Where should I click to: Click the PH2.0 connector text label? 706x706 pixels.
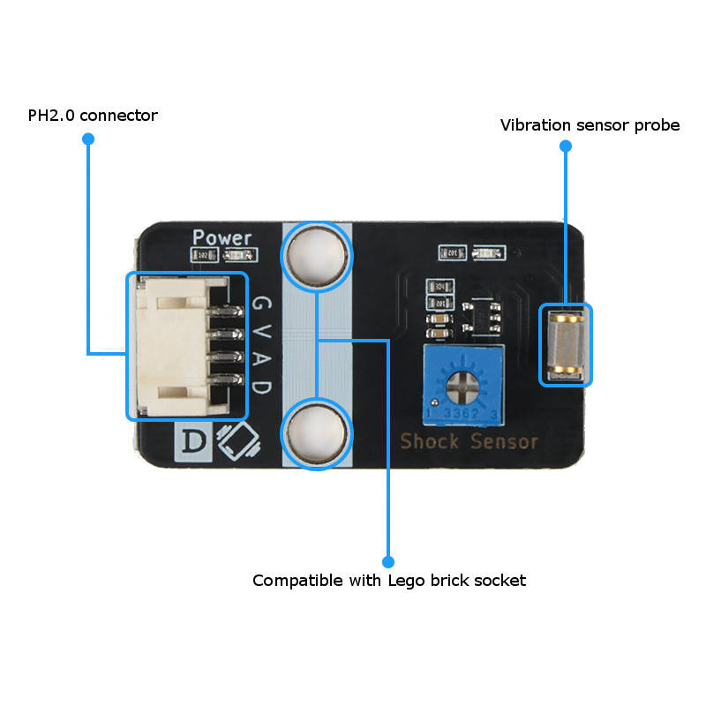coord(93,116)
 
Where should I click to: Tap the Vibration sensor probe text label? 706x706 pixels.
coord(590,125)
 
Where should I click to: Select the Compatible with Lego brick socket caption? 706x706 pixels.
coord(388,581)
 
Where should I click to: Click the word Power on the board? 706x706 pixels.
coord(222,237)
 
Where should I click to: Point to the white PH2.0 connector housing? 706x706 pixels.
coord(173,346)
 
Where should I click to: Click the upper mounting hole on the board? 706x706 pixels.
coord(316,256)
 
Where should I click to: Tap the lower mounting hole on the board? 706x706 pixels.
coord(316,432)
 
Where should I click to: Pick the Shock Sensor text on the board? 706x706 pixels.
coord(469,441)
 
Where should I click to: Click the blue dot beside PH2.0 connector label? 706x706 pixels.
coord(87,139)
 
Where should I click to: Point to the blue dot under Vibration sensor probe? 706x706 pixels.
coord(566,147)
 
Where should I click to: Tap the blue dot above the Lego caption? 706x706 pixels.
coord(387,561)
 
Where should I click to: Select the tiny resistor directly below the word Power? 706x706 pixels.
coord(202,255)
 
